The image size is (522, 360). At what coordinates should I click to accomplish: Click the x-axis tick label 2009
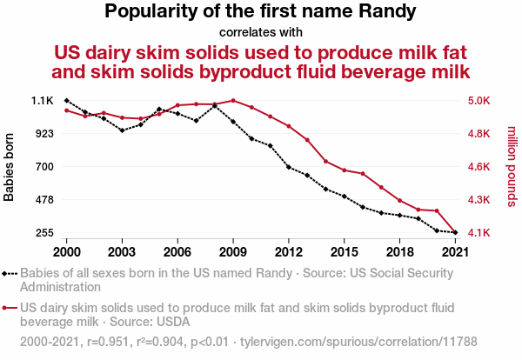point(233,251)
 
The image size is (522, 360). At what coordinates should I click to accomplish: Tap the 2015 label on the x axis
point(345,251)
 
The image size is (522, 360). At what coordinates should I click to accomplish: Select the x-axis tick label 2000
point(67,251)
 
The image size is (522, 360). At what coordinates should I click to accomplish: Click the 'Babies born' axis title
point(10,167)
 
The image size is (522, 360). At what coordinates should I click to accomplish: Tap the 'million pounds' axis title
point(512,167)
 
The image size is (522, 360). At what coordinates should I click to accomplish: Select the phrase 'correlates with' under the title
point(261,33)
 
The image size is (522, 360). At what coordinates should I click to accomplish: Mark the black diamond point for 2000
point(67,101)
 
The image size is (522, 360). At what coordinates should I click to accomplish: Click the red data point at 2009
point(233,100)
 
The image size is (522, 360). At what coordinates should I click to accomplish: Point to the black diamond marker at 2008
point(215,105)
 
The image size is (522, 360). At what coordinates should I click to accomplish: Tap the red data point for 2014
point(326,162)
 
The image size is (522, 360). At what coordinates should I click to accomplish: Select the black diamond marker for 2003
point(123,130)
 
